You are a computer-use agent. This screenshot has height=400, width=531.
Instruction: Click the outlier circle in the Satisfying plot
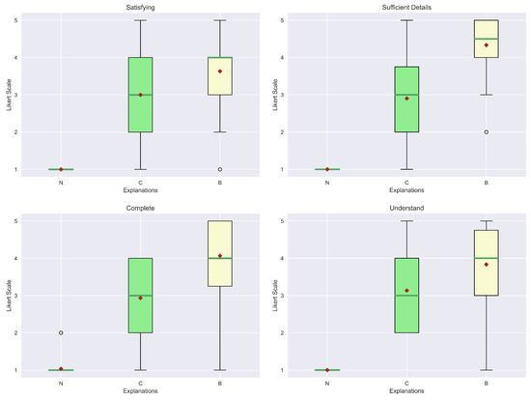click(x=220, y=169)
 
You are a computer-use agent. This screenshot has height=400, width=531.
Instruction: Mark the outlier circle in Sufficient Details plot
click(x=487, y=132)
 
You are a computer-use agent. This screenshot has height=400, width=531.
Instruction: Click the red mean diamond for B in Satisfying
click(x=220, y=71)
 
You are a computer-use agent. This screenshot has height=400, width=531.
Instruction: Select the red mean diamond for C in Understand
click(x=406, y=291)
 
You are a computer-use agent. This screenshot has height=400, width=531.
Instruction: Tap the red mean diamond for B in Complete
click(x=220, y=256)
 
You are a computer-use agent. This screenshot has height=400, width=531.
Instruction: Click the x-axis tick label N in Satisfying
click(x=61, y=183)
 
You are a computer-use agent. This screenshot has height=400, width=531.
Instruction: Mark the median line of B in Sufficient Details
click(x=487, y=39)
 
